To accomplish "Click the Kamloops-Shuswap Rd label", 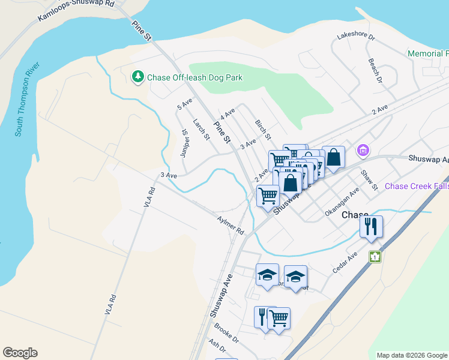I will [x=76, y=11].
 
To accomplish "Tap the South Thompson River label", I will [x=28, y=98].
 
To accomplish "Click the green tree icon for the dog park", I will [x=138, y=77].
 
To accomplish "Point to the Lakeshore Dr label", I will [x=355, y=37].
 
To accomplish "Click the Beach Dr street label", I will [x=375, y=70].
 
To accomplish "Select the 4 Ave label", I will [x=227, y=113].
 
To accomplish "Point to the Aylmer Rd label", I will [x=231, y=226].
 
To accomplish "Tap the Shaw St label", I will [x=368, y=180].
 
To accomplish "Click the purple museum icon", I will [x=363, y=150].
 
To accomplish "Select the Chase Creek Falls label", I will [x=417, y=187].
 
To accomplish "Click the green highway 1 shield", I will [x=376, y=257].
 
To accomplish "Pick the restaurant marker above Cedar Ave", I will [x=371, y=227].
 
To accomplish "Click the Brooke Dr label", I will [x=226, y=334].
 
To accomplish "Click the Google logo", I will [x=20, y=353].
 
